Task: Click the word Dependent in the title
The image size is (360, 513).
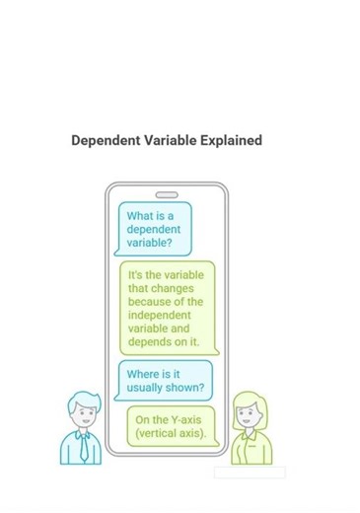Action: click(105, 141)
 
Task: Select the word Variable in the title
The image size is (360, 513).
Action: click(170, 141)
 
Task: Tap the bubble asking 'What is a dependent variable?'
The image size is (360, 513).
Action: click(154, 229)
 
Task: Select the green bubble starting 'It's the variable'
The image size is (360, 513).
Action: click(166, 308)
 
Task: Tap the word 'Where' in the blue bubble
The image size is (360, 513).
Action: click(143, 374)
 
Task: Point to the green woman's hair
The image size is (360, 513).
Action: click(248, 399)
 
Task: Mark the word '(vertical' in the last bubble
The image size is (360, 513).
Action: click(162, 434)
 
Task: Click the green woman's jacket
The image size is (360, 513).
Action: click(247, 449)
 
